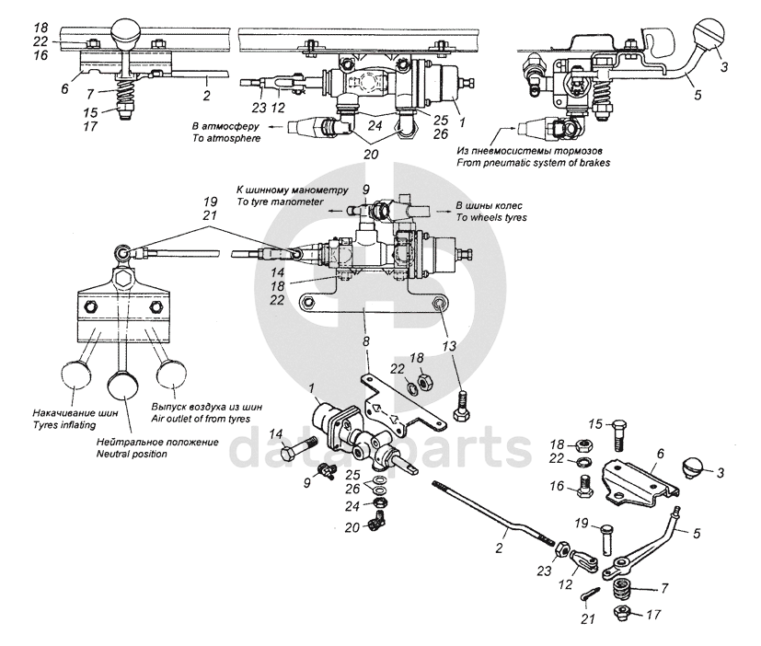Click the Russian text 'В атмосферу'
[221, 125]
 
